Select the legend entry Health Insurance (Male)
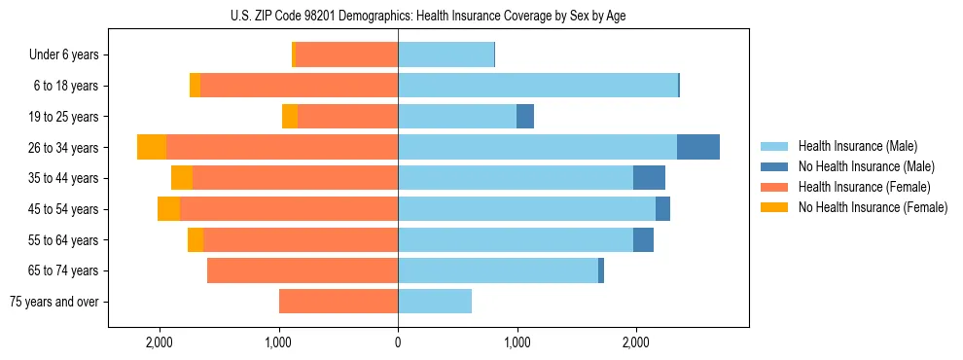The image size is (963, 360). coord(857,146)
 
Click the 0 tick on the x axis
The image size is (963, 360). coord(398,342)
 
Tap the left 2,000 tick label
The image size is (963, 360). coord(160,342)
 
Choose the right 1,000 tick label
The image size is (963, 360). coord(517,342)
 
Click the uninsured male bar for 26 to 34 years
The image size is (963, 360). coord(698,147)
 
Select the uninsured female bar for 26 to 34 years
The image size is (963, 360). coord(152,147)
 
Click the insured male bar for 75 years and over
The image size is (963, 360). coord(435,302)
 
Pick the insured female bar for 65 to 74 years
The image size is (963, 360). coord(303,270)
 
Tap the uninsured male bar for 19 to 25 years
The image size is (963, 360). coord(525,117)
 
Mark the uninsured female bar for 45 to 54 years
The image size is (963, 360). coord(169,209)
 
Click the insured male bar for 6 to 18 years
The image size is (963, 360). coord(538,86)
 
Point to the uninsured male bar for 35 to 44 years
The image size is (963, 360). coord(649,178)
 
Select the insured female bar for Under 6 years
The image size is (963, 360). coord(347,55)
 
